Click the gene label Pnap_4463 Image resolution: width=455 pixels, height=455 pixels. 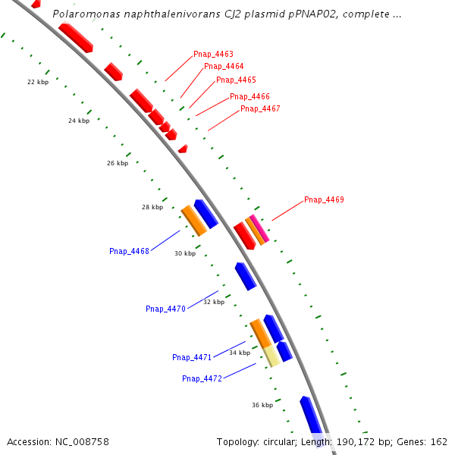[x=213, y=55]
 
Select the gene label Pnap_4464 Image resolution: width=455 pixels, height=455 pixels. [x=224, y=67]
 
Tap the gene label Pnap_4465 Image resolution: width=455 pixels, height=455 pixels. [x=236, y=80]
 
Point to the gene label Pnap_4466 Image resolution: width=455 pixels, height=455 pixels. [x=249, y=96]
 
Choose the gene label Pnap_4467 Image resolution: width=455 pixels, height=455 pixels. [x=260, y=108]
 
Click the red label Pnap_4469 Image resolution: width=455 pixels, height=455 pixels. [x=324, y=199]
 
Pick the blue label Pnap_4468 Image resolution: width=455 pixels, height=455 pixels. [x=129, y=251]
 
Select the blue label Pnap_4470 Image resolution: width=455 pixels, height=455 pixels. [x=165, y=309]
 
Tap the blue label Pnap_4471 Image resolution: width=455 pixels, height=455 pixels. [x=192, y=357]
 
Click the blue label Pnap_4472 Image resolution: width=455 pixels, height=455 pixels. [x=202, y=378]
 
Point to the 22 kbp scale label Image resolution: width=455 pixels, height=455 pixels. [x=38, y=82]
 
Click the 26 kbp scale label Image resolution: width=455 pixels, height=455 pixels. [x=118, y=163]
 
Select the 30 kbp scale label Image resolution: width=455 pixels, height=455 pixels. [x=185, y=253]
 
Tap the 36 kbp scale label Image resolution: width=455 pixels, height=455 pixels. [x=262, y=405]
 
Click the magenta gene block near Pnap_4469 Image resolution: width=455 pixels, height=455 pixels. [x=261, y=228]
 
